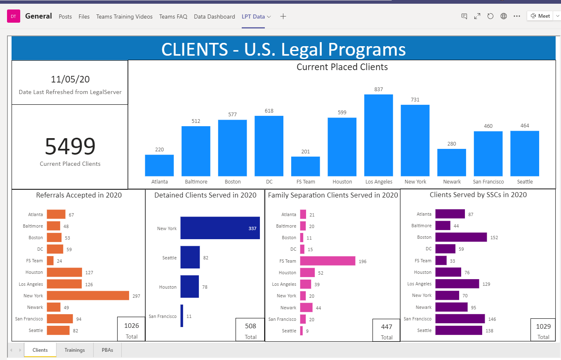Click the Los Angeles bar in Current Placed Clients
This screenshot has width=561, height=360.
(378, 135)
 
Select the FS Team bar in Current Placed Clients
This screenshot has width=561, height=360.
(305, 166)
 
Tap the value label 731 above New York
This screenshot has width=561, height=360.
(415, 100)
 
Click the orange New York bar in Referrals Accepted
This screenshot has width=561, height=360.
(88, 296)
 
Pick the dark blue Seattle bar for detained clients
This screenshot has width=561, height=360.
(190, 258)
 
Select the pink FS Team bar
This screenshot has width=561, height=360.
(328, 261)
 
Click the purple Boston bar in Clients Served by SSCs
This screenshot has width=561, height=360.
(461, 237)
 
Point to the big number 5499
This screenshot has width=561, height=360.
(70, 146)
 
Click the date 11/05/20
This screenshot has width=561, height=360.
(70, 79)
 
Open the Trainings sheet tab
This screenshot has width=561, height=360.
(75, 350)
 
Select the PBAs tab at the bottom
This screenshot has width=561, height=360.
(107, 350)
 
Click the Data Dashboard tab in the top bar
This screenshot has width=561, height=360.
(214, 16)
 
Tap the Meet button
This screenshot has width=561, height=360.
(540, 16)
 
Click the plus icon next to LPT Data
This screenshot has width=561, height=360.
(283, 16)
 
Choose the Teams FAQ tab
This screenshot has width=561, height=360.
(173, 16)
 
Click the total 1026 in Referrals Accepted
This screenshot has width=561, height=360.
(132, 326)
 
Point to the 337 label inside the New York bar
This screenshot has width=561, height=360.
(252, 228)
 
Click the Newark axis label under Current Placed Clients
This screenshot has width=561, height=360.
(452, 182)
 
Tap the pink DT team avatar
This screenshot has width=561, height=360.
(14, 16)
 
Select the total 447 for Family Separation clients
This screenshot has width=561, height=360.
(387, 327)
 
